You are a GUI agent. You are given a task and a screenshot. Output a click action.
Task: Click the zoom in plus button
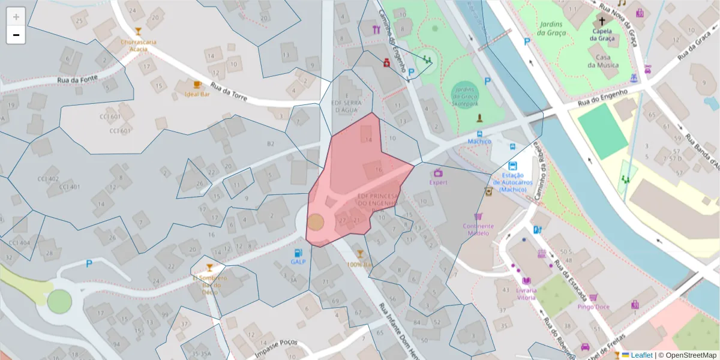point(16,17)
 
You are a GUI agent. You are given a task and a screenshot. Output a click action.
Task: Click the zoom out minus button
point(16,35)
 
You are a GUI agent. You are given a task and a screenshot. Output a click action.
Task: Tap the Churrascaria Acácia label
point(139,45)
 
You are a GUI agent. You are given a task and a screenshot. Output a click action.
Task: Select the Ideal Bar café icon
point(197,85)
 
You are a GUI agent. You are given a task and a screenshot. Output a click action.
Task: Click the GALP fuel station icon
point(298,253)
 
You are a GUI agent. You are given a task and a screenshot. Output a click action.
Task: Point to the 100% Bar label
point(359,264)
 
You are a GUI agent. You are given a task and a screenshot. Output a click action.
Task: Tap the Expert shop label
point(438,182)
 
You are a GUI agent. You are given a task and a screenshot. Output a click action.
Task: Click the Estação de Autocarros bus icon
point(512,166)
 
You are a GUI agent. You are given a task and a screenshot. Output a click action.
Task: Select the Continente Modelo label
point(478,229)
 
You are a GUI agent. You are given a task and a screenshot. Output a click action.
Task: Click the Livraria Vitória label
point(526,294)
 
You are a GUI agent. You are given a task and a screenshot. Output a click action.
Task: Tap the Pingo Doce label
point(593,306)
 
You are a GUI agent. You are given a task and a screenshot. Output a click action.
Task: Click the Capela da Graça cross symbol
point(602,21)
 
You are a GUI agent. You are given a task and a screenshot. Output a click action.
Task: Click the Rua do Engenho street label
point(603,98)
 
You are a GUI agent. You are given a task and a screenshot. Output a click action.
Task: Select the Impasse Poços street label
point(276,349)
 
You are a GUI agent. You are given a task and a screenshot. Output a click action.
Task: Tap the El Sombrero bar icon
point(209,268)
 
